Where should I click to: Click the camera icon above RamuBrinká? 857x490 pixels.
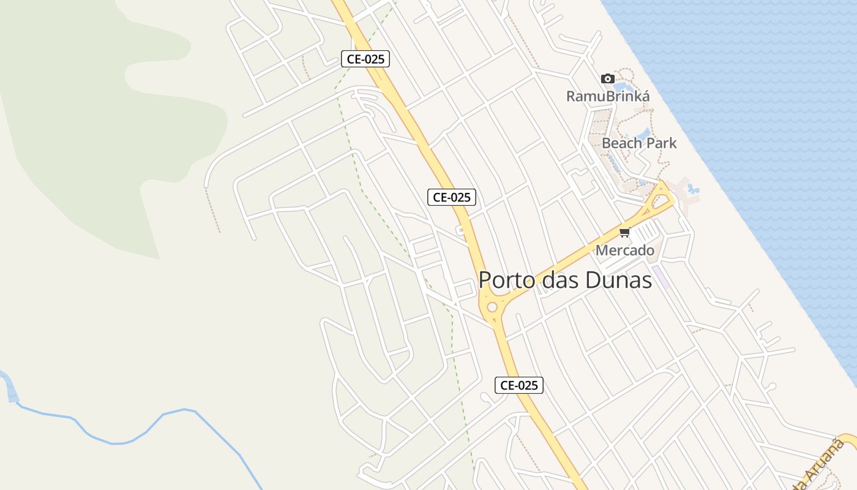(607, 78)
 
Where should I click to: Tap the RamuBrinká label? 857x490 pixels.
(607, 96)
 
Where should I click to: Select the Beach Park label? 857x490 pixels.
(639, 143)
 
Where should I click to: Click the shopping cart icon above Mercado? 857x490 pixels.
(624, 232)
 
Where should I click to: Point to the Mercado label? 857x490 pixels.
(624, 251)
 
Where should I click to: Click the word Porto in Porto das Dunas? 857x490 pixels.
(506, 280)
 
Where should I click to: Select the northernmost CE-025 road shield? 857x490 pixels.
(365, 59)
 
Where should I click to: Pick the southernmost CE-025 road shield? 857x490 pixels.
(518, 385)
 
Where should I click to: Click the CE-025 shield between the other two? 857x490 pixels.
(451, 197)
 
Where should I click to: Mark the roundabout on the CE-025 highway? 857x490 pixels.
(492, 307)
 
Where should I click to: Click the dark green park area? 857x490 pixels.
(92, 123)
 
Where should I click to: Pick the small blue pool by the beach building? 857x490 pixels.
(693, 189)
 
